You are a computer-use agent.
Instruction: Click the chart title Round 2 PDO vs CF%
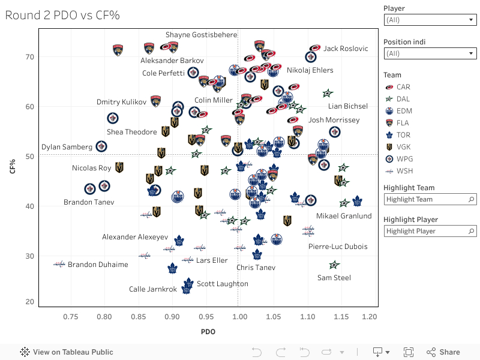click(62, 15)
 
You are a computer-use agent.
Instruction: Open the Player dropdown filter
click(430, 20)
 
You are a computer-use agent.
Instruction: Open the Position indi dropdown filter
click(430, 53)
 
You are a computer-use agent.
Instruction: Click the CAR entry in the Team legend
click(403, 87)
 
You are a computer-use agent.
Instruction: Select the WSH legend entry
click(404, 171)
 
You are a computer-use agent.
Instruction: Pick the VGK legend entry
click(404, 147)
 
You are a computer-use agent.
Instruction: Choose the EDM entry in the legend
click(404, 111)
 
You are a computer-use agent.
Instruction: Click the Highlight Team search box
click(430, 199)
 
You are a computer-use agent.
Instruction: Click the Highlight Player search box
click(430, 231)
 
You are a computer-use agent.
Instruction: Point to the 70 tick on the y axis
click(30, 57)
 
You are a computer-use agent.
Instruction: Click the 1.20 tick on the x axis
click(369, 316)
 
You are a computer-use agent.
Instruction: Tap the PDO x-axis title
click(208, 331)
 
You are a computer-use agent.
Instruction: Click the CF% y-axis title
click(13, 167)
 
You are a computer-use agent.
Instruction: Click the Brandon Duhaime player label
click(98, 265)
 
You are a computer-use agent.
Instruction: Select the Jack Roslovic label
click(346, 49)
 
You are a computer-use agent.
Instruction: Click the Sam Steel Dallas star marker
click(334, 265)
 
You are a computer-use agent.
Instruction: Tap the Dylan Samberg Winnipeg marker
click(101, 146)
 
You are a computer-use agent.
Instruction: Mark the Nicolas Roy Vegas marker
click(119, 167)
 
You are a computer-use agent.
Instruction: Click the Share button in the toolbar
click(443, 352)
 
